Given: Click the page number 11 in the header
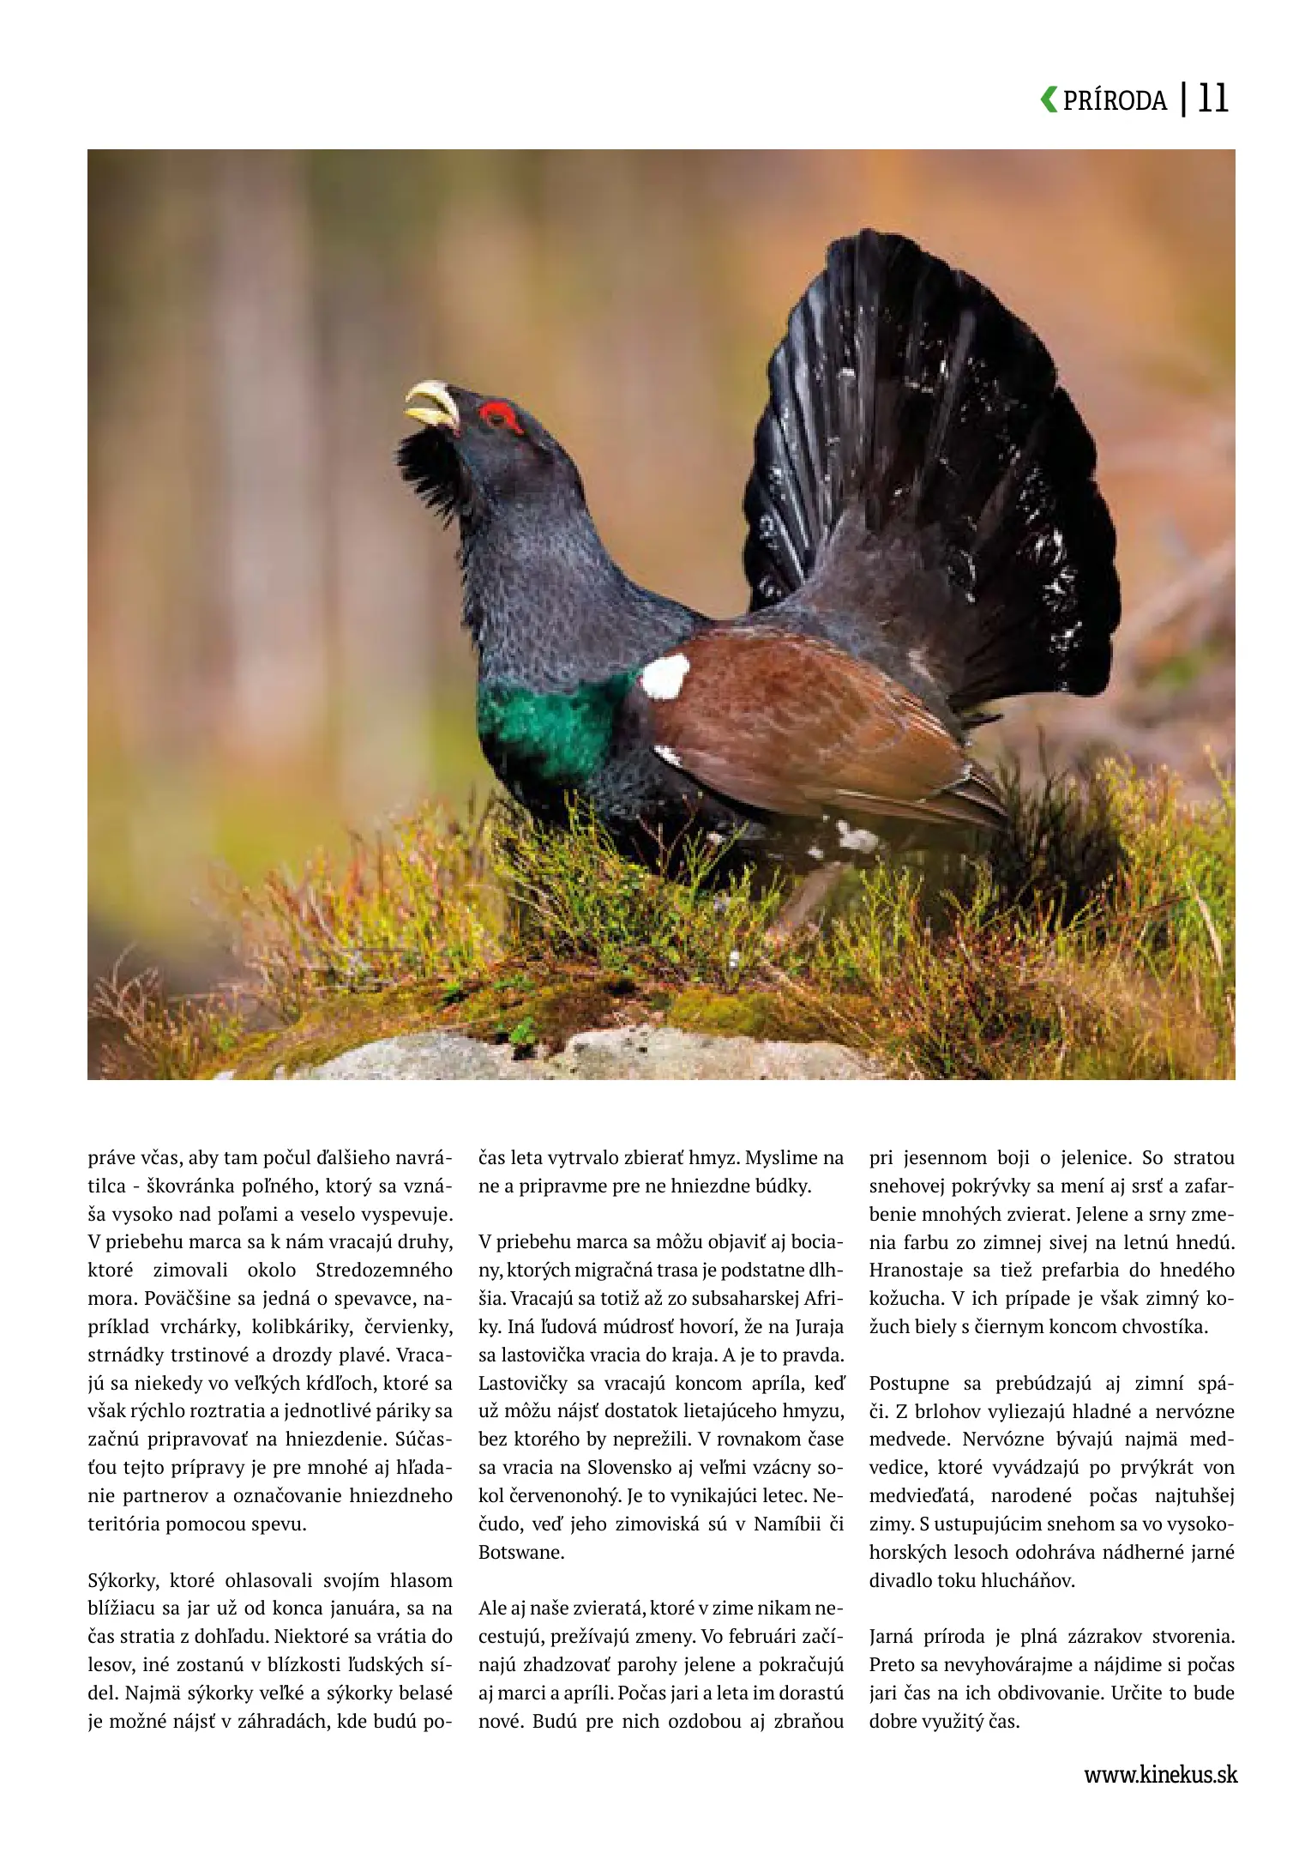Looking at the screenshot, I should tap(1212, 99).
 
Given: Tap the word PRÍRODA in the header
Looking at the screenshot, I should tap(1115, 101).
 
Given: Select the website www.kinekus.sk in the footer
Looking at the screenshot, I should tap(1160, 1774).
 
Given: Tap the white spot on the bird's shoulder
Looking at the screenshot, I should tap(665, 676).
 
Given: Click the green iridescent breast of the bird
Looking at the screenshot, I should tap(549, 721).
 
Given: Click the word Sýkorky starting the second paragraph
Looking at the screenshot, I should tap(123, 1581).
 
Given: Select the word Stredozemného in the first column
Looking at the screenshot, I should tap(383, 1271).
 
